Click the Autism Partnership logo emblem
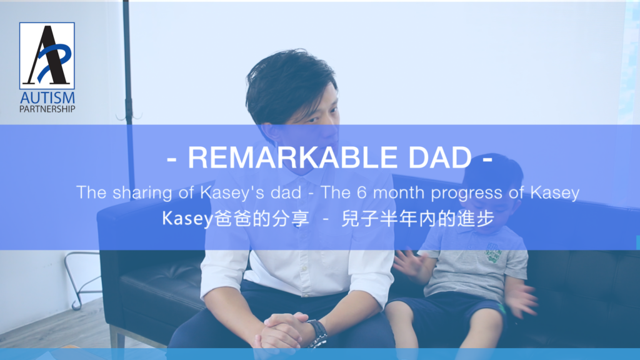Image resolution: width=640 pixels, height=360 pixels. tap(47, 56)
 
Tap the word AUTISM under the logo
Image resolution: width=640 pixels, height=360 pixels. tap(47, 98)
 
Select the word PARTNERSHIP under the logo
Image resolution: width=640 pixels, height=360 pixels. tap(47, 109)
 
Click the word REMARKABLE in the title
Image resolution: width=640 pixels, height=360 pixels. tap(292, 157)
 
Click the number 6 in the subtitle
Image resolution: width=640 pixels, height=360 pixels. tap(362, 192)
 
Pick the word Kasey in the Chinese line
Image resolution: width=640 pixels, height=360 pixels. tap(187, 219)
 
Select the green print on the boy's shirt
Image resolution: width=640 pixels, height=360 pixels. tap(492, 252)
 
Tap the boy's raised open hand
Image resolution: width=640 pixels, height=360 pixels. tap(410, 265)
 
